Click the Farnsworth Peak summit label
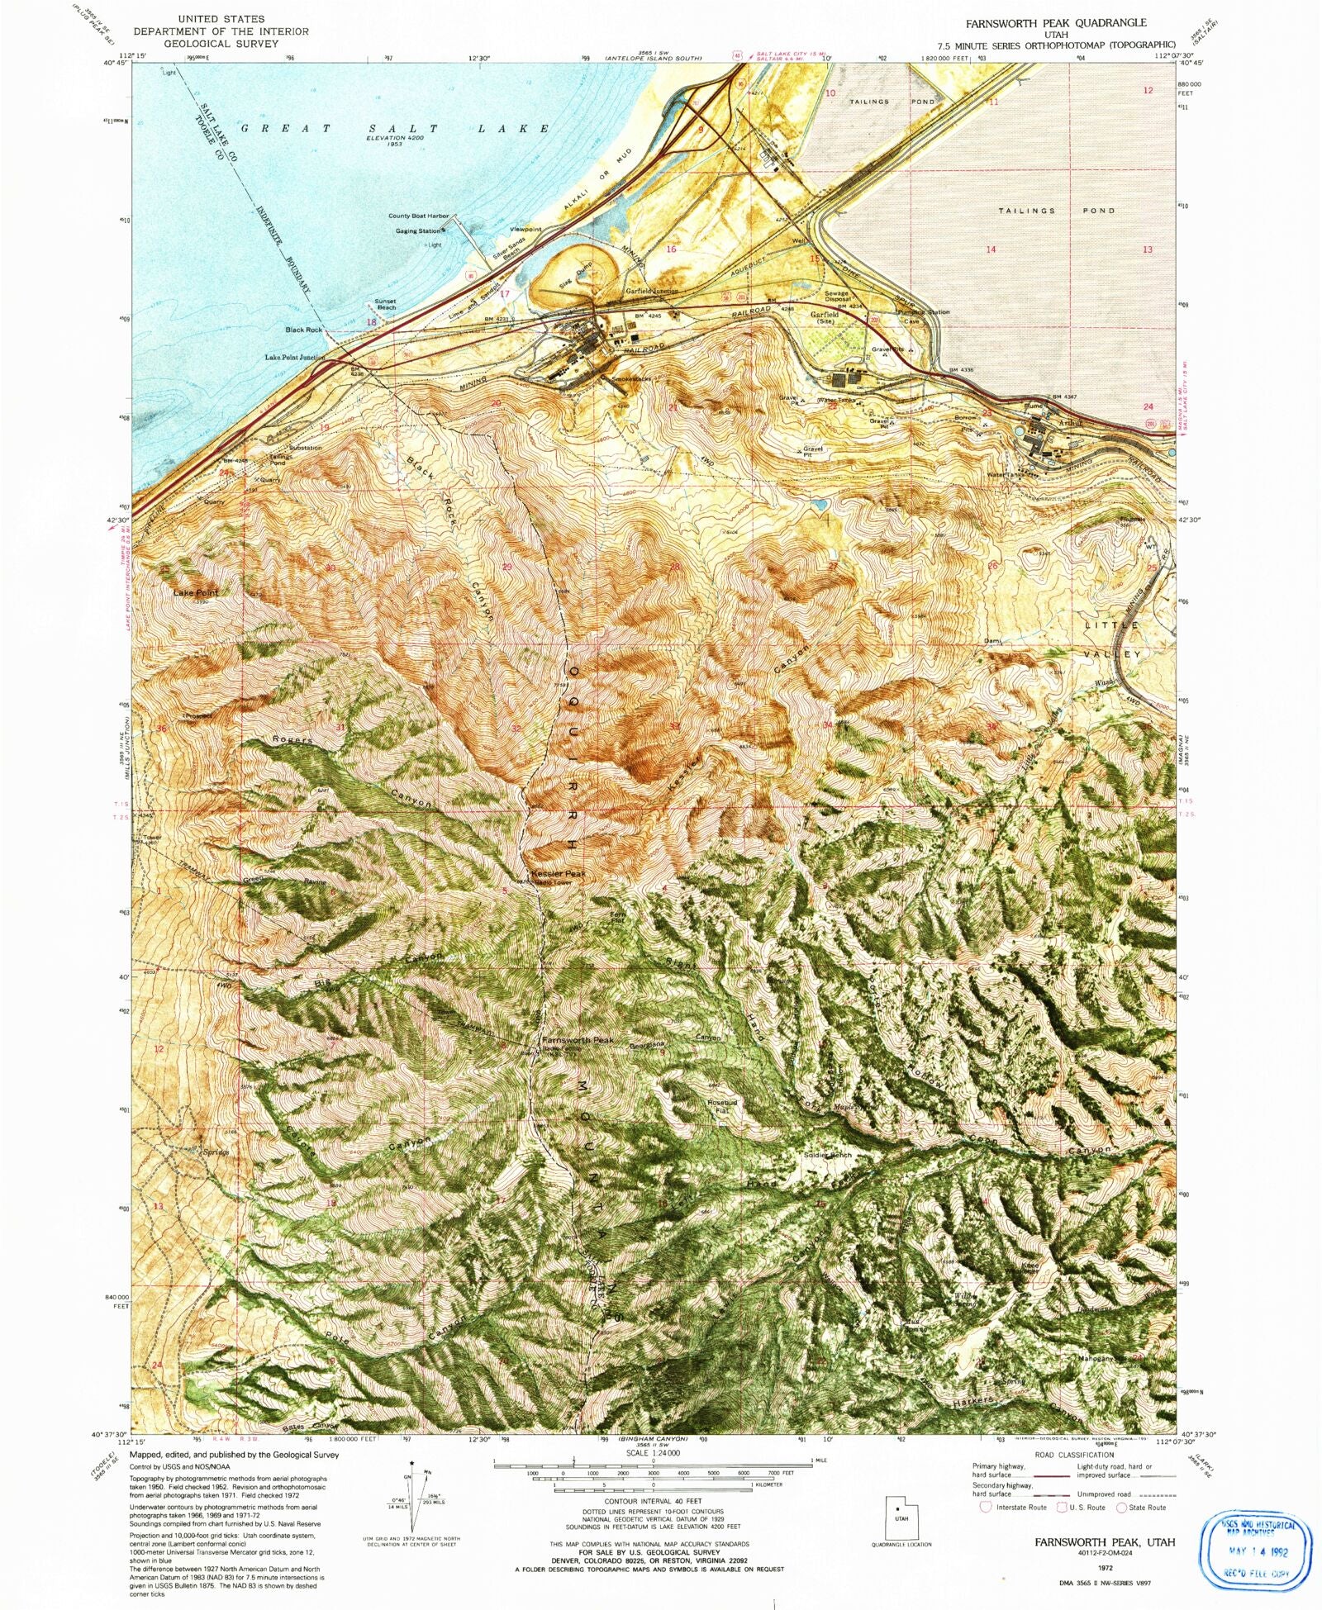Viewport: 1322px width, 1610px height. point(577,1040)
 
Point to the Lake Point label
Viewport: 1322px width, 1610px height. point(196,593)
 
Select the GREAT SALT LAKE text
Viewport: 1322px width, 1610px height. point(395,129)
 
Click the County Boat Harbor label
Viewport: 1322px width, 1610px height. point(418,216)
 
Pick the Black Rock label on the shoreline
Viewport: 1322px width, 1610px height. point(303,330)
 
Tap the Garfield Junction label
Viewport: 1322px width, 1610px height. point(651,291)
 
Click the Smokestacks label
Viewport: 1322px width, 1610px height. point(630,378)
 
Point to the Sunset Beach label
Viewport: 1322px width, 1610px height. point(385,304)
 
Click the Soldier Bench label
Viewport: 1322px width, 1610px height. point(827,1155)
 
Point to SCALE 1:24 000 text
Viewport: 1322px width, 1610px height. point(653,1452)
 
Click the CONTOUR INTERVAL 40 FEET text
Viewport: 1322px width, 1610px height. point(653,1500)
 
